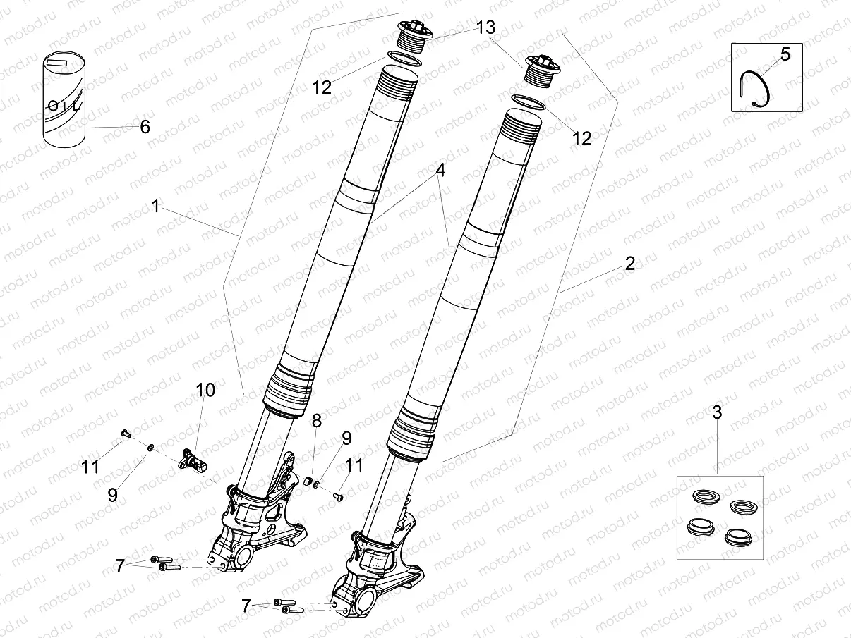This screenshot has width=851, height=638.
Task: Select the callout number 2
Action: [x=629, y=264]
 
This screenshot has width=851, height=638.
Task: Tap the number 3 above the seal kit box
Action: [x=717, y=413]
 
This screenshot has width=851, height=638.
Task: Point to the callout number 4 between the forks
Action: [x=440, y=171]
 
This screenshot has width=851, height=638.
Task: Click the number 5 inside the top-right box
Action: [x=786, y=54]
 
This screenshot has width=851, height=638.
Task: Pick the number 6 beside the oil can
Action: [x=145, y=127]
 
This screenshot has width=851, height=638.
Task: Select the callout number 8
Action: [x=316, y=421]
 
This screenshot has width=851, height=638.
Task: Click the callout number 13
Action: [x=485, y=27]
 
